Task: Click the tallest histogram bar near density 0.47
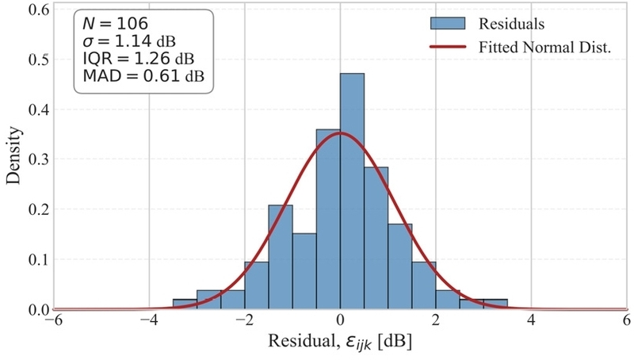pyautogui.click(x=352, y=191)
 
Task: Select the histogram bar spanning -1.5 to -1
pyautogui.click(x=281, y=257)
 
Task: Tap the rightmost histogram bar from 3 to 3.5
pyautogui.click(x=495, y=304)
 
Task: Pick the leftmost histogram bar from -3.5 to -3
pyautogui.click(x=185, y=304)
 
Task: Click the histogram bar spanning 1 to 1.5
pyautogui.click(x=400, y=266)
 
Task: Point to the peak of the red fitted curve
pyautogui.click(x=341, y=132)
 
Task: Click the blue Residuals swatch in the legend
pyautogui.click(x=448, y=24)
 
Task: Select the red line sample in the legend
pyautogui.click(x=448, y=47)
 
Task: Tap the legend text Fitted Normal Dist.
pyautogui.click(x=544, y=48)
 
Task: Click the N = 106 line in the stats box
pyautogui.click(x=115, y=24)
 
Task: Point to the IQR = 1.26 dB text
pyautogui.click(x=138, y=59)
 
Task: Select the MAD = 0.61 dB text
pyautogui.click(x=143, y=75)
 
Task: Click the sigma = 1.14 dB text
pyautogui.click(x=129, y=41)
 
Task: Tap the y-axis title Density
pyautogui.click(x=13, y=155)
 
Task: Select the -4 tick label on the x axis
pyautogui.click(x=149, y=320)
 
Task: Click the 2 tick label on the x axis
pyautogui.click(x=436, y=320)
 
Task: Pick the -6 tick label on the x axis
pyautogui.click(x=54, y=320)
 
